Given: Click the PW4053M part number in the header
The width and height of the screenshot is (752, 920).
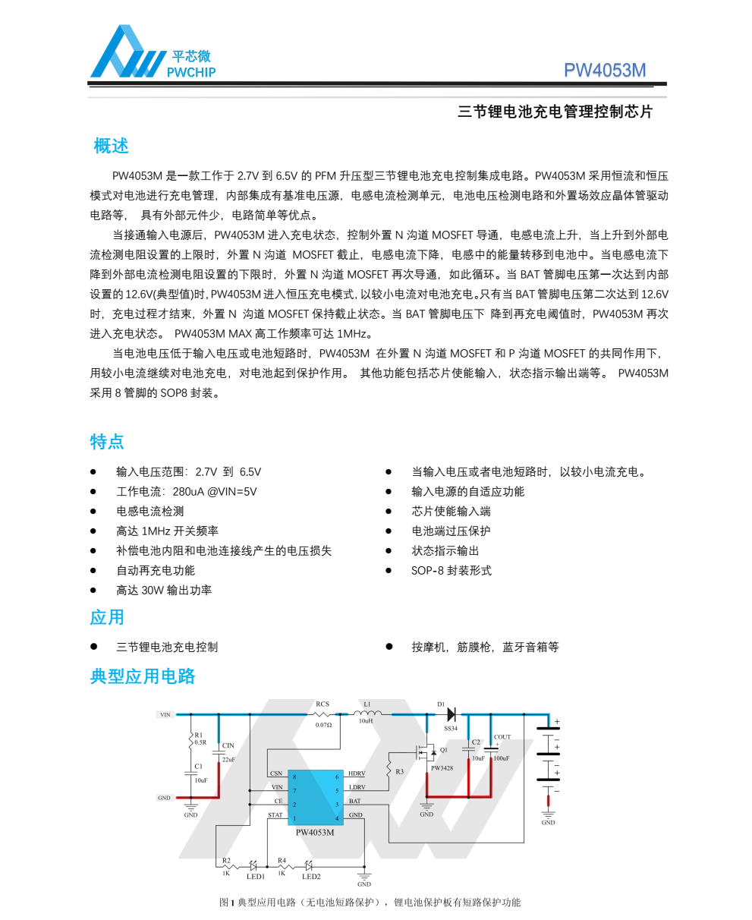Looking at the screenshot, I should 605,71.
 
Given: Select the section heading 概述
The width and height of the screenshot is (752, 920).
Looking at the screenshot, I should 111,146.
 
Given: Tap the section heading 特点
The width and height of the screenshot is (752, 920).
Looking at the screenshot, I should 107,442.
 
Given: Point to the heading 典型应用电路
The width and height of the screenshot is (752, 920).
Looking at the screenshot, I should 143,676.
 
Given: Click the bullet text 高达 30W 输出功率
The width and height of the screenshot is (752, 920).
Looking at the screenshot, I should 164,590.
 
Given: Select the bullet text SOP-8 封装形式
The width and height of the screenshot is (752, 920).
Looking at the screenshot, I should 452,570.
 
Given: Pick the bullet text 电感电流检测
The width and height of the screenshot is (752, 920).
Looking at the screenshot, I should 149,511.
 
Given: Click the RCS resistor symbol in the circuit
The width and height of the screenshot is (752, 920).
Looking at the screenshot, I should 323,714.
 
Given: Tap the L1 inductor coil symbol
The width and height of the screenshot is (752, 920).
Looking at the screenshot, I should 370,714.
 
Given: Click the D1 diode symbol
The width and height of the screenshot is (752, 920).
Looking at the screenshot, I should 451,714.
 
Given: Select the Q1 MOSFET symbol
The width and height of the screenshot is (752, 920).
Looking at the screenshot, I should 425,752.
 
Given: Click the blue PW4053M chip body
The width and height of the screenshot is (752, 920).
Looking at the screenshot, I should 315,797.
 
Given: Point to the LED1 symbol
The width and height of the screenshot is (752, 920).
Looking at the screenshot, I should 253,865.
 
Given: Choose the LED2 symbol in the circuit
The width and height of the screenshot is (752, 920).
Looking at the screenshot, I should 309,865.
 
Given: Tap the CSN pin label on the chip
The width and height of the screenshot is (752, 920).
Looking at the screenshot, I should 276,773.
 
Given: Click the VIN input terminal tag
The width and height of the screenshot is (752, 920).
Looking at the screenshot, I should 165,714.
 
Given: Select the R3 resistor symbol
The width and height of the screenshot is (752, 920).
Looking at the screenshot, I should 389,763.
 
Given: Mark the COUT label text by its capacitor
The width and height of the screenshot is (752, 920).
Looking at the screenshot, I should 502,737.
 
